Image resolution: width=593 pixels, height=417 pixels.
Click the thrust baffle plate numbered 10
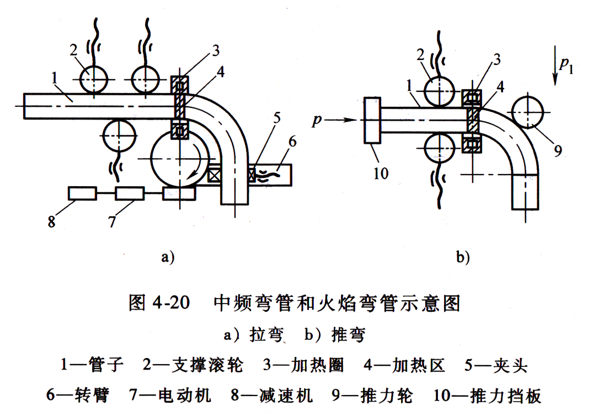(x=372, y=121)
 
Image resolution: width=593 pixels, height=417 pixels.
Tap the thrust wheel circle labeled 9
(x=528, y=112)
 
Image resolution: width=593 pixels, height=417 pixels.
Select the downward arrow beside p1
(x=555, y=69)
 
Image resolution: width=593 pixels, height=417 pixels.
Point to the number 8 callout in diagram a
(x=51, y=224)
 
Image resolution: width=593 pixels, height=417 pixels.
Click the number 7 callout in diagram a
(x=112, y=223)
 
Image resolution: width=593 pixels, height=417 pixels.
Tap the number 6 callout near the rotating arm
(x=292, y=142)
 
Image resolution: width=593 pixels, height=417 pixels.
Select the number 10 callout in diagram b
(x=381, y=173)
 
